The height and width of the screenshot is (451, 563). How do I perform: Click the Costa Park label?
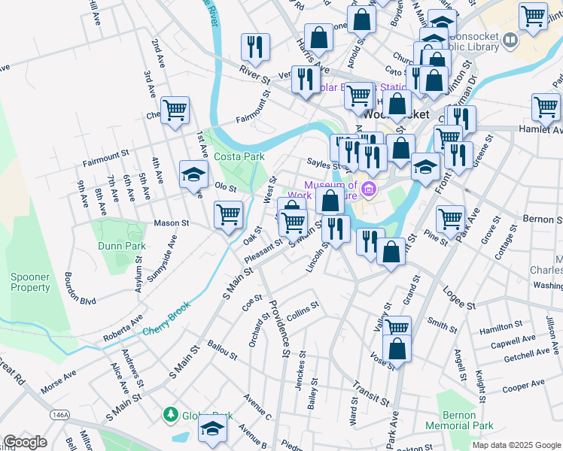(x=239, y=156)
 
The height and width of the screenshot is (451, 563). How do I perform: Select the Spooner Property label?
(x=30, y=282)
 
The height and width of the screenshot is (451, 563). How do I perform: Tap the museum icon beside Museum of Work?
(x=368, y=189)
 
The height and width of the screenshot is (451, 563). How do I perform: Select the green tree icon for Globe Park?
(x=171, y=414)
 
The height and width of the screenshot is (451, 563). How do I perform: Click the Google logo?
(x=25, y=442)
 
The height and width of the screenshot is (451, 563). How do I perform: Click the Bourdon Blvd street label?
(x=80, y=287)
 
